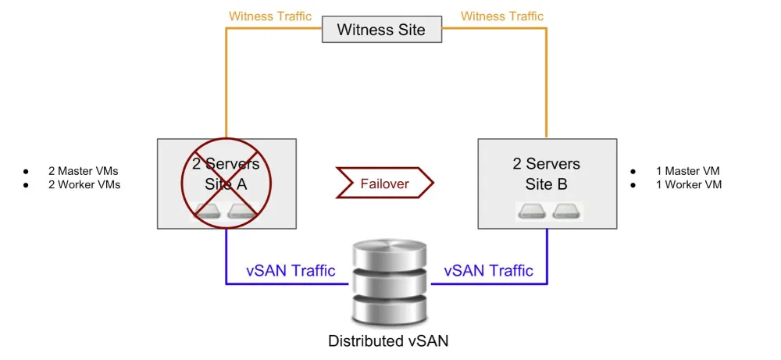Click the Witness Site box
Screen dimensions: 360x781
point(381,30)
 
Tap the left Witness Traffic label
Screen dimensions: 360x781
point(270,16)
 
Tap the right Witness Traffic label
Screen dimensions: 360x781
point(502,16)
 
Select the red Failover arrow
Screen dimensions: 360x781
point(384,184)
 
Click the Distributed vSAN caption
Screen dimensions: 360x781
point(388,340)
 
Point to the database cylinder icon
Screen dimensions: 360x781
point(389,282)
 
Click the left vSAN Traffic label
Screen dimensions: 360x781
point(291,271)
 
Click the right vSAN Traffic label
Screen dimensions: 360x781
point(489,271)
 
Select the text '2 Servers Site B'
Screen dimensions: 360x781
point(546,174)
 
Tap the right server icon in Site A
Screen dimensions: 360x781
point(242,211)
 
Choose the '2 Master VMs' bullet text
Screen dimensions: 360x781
point(83,171)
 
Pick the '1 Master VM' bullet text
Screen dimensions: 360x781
point(688,171)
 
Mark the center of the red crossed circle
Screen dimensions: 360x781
point(226,175)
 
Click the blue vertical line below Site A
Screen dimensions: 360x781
point(226,254)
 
